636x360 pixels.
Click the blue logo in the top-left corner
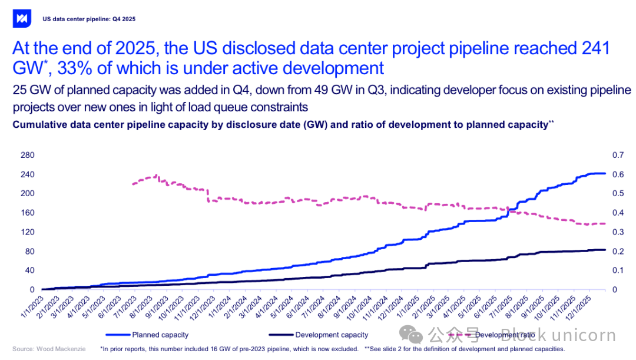click(22, 18)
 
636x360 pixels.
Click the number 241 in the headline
click(594, 48)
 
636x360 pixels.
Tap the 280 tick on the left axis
click(28, 155)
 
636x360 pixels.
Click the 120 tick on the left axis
click(28, 232)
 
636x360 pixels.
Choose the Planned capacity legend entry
click(160, 335)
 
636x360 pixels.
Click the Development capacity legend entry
click(332, 335)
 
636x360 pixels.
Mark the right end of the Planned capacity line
click(605, 173)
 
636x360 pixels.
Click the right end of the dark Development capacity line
click(605, 250)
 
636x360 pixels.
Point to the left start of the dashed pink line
click(132, 184)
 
